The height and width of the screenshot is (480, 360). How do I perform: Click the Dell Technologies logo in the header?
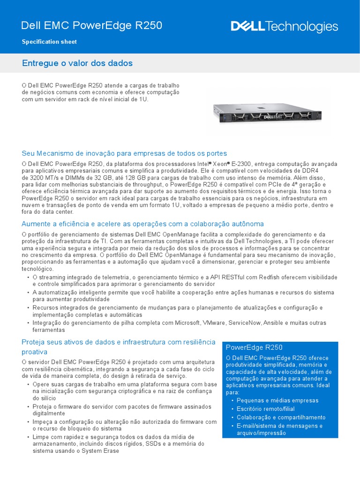tap(284, 27)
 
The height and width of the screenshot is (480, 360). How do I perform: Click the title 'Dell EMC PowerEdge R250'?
tap(92, 26)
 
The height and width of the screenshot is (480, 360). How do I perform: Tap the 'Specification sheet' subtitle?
tap(49, 42)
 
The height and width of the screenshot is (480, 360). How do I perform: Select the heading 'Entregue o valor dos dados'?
tap(77, 63)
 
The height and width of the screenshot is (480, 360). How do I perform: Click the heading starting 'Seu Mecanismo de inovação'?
tap(124, 153)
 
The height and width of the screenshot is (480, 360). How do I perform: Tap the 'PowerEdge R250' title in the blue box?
tap(254, 347)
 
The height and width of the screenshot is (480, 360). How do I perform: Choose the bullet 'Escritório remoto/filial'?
tap(272, 409)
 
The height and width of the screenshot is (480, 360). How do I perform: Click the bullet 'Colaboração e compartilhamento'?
tap(281, 418)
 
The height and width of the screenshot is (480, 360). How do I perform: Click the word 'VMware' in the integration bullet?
tap(213, 323)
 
